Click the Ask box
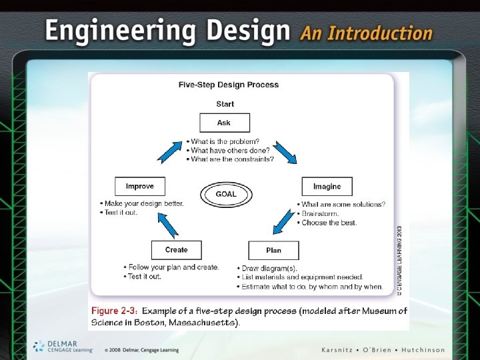point(225,123)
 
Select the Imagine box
point(327,186)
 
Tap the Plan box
point(273,250)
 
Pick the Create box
point(177,250)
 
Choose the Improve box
point(139,186)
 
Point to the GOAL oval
point(225,194)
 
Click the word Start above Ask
point(225,104)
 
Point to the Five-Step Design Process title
point(229,85)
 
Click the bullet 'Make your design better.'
point(142,203)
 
